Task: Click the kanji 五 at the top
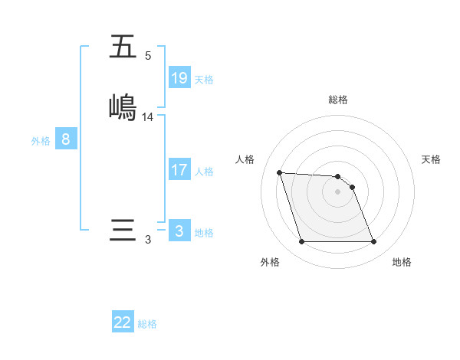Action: click(123, 47)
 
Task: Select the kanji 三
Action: click(123, 231)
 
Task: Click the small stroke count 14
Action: click(148, 116)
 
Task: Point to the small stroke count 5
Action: click(148, 56)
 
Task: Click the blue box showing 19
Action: click(179, 77)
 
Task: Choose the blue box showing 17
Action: click(179, 169)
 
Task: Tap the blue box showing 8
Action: click(66, 139)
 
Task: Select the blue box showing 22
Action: click(123, 322)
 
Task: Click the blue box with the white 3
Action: click(179, 231)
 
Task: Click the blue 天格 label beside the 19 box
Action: click(204, 80)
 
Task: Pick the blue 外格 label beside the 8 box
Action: click(41, 141)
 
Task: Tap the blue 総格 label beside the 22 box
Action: click(147, 324)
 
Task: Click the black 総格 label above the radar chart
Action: click(338, 100)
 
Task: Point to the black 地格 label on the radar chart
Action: click(402, 262)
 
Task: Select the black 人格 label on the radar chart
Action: click(245, 159)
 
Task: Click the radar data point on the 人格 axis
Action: click(279, 172)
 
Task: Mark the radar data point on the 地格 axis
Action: click(373, 242)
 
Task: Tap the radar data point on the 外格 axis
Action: click(301, 242)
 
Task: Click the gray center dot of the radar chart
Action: click(338, 191)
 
